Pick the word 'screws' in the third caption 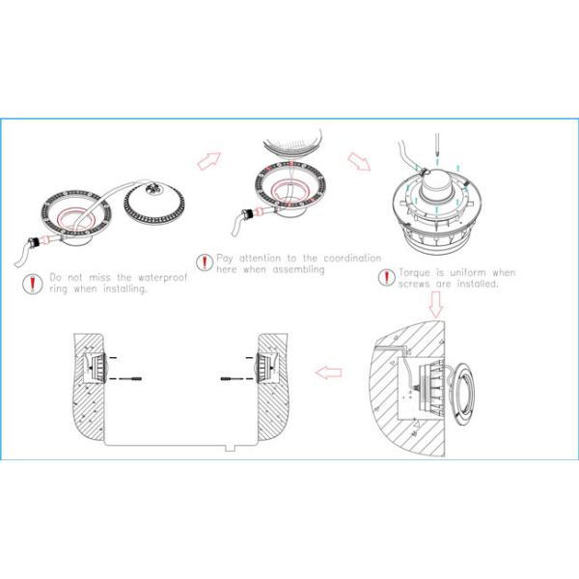(414, 285)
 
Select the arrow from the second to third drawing (359, 158)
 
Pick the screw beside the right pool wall (230, 381)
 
